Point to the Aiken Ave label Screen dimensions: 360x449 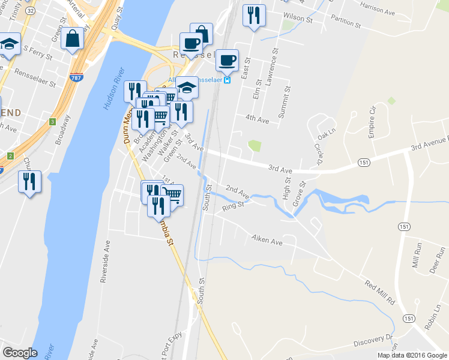click(267, 241)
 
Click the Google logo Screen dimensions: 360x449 click(20, 353)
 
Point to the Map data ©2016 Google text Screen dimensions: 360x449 click(411, 355)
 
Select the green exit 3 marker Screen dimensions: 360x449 click(53, 122)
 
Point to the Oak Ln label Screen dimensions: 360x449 click(324, 137)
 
